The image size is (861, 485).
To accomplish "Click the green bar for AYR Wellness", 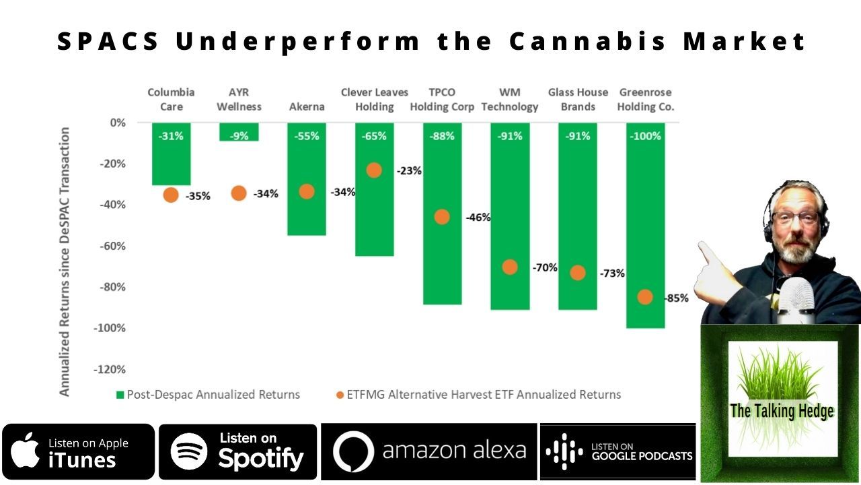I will pos(239,131).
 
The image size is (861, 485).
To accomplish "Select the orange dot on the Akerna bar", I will pos(307,191).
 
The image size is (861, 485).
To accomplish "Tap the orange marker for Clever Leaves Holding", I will pos(374,170).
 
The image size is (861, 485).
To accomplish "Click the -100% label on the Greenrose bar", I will pos(645,136).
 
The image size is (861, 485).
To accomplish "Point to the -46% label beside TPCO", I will pos(478,218).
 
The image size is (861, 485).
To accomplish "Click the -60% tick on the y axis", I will pos(113,246).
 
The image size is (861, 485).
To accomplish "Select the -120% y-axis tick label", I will pos(110,369).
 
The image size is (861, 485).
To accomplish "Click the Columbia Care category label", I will pos(171,99).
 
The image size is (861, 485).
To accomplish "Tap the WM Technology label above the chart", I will pos(509,99).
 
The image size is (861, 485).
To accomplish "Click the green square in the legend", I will pos(120,395).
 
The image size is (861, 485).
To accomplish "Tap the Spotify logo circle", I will pos(189,451).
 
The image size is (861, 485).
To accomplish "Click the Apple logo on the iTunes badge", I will pos(26,450).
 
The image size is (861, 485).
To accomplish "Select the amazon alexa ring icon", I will pos(352,452).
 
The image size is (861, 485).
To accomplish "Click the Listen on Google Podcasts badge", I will pos(618,451).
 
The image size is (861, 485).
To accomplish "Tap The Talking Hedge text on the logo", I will pos(782,411).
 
